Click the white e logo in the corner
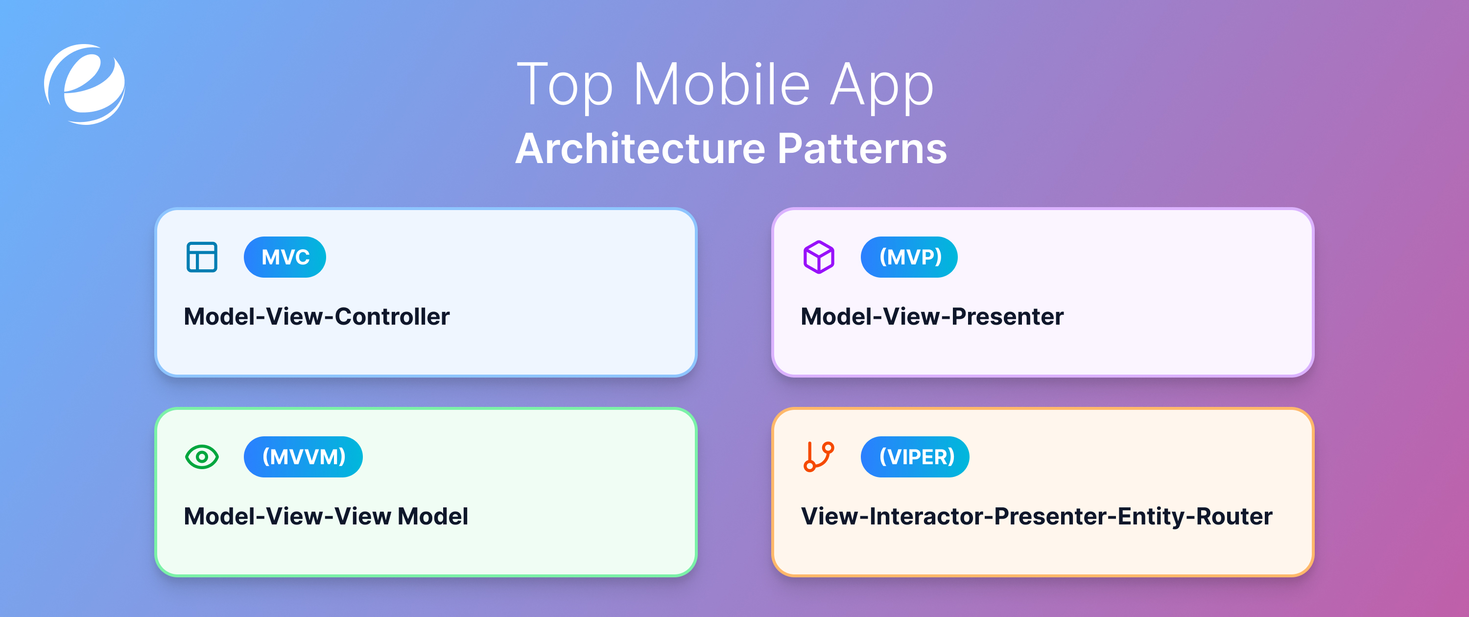pos(84,84)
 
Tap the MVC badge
pos(284,257)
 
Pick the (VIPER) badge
pos(915,457)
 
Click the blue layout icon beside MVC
pos(202,257)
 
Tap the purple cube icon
pos(819,257)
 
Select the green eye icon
pos(202,457)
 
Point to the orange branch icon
pos(819,457)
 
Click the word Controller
pos(392,316)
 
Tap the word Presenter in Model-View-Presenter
pos(1007,316)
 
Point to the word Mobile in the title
pos(721,85)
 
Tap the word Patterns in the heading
pos(862,149)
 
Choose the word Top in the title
pos(565,86)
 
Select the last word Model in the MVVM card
pos(432,516)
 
